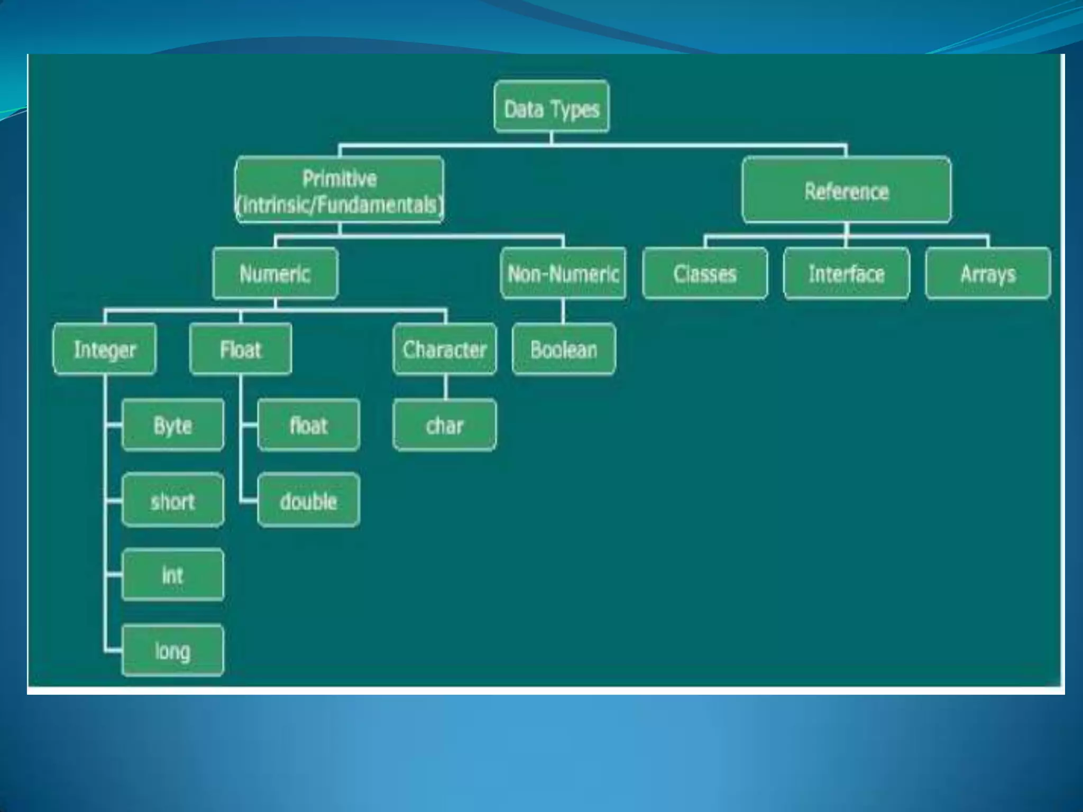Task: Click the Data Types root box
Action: [551, 106]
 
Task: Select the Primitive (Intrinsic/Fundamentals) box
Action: [339, 190]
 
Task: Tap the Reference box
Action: [846, 190]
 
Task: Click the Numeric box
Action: [275, 273]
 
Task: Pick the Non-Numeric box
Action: [563, 273]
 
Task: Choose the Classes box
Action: [705, 273]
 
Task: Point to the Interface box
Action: [846, 273]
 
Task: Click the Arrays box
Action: [988, 273]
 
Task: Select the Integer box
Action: [105, 349]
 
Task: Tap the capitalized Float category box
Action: [241, 349]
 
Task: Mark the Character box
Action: [445, 349]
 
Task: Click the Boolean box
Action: [564, 349]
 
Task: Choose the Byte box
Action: [172, 425]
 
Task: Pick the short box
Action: [172, 501]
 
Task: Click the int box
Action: [172, 575]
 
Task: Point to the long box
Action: [172, 650]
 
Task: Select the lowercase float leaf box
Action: [309, 425]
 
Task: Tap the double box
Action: [309, 501]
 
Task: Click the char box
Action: [445, 425]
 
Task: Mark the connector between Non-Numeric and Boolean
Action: [563, 311]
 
